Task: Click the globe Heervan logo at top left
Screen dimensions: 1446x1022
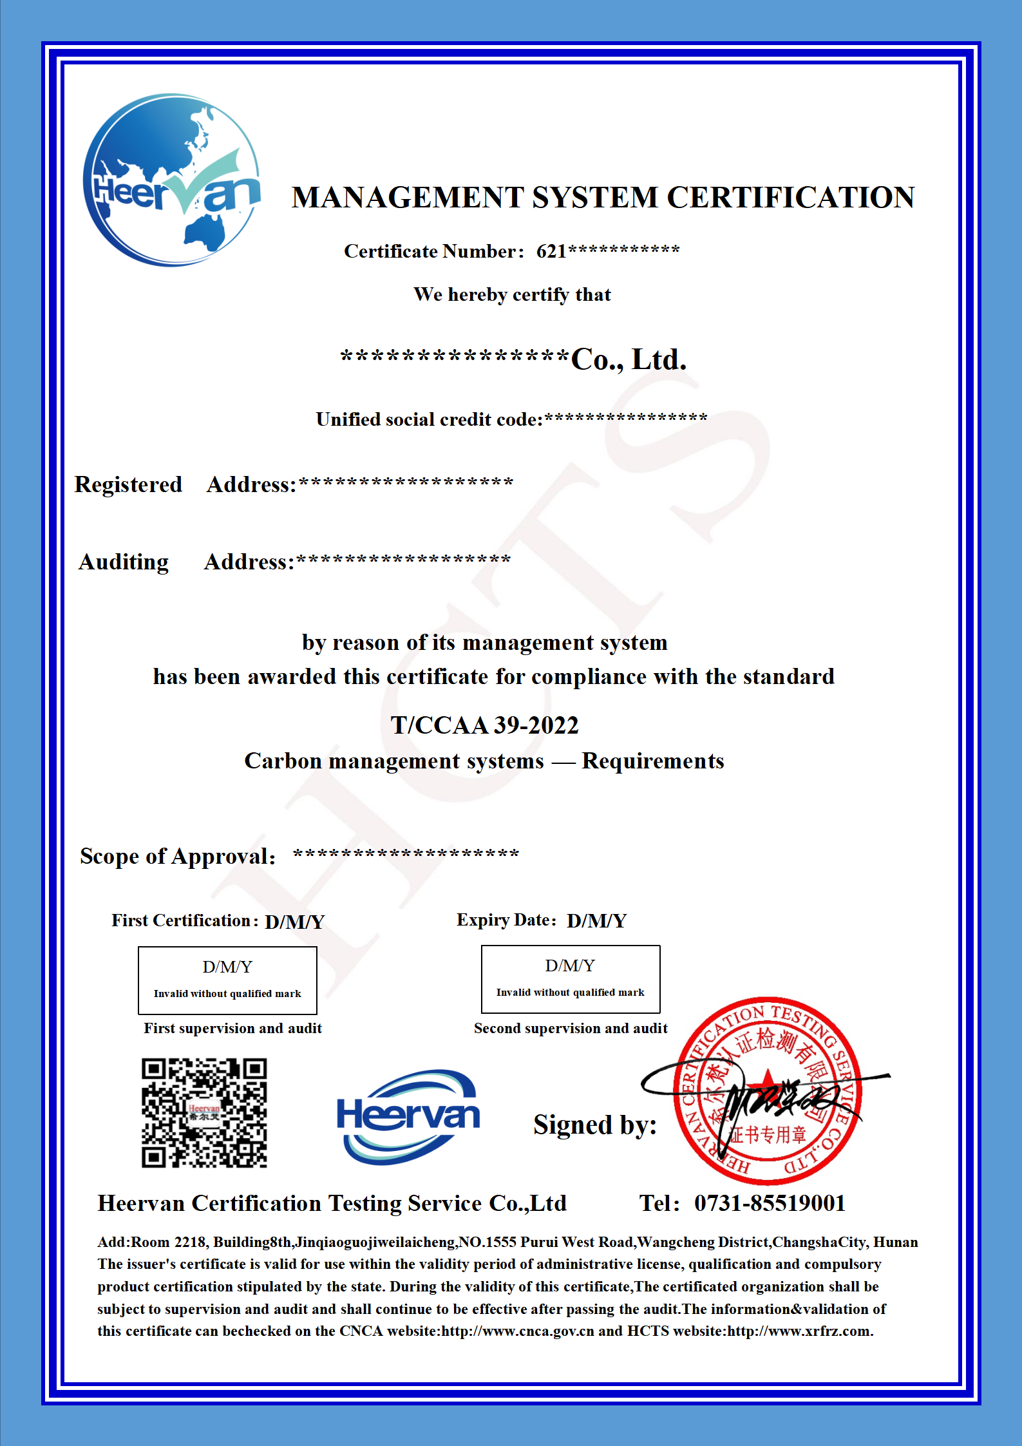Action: click(x=172, y=180)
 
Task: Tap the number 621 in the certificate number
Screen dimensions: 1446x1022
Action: click(x=551, y=251)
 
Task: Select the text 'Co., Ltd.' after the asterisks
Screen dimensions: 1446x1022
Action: click(x=629, y=359)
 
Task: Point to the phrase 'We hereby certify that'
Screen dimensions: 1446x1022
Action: click(x=512, y=295)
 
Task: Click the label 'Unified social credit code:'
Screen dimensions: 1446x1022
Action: click(x=429, y=420)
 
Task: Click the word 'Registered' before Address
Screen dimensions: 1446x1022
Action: click(x=128, y=484)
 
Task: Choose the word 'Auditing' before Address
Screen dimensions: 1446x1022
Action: click(x=124, y=562)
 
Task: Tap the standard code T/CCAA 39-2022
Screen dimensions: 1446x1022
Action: click(x=484, y=725)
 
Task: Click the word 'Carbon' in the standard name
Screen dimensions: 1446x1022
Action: click(x=283, y=761)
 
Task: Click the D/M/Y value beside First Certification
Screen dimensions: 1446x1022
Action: click(x=294, y=922)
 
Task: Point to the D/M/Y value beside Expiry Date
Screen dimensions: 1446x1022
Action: click(x=596, y=921)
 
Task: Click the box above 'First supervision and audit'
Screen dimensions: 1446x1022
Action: click(x=227, y=980)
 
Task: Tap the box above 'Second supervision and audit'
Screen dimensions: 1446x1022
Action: click(x=571, y=979)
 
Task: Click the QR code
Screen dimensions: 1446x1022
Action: click(x=204, y=1113)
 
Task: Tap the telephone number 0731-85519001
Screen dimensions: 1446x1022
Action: click(x=770, y=1203)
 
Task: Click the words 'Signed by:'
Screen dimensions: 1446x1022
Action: click(x=594, y=1125)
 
